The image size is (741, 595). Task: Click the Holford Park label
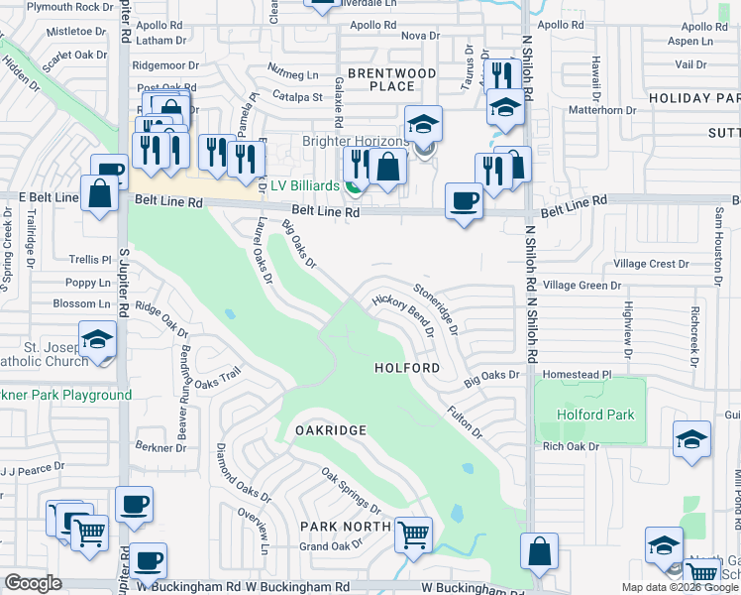[x=594, y=415]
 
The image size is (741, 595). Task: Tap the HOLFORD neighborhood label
[x=407, y=368]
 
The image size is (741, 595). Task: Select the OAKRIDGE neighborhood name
[x=331, y=430]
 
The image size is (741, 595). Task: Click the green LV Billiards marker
[x=353, y=185]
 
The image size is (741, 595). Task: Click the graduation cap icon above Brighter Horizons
[x=423, y=125]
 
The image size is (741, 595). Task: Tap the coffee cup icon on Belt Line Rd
[x=464, y=201]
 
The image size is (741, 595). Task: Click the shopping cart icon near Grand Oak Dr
[x=414, y=535]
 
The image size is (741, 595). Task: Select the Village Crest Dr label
[x=651, y=264]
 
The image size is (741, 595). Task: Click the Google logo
[x=33, y=583]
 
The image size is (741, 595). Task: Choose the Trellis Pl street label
[x=90, y=260]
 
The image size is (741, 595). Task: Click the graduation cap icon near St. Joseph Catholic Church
[x=97, y=341]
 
